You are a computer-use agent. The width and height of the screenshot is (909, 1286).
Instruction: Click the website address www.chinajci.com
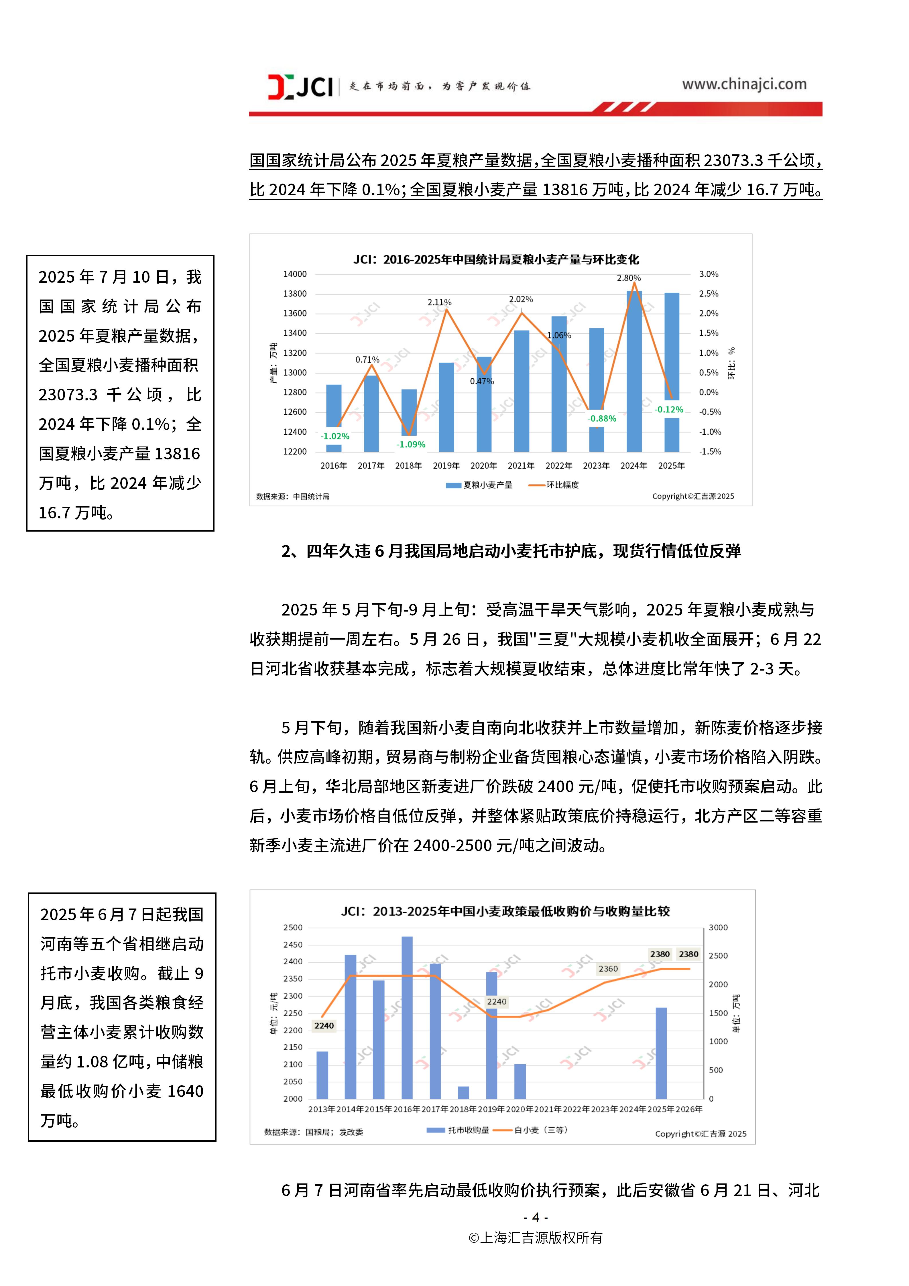point(744,84)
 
